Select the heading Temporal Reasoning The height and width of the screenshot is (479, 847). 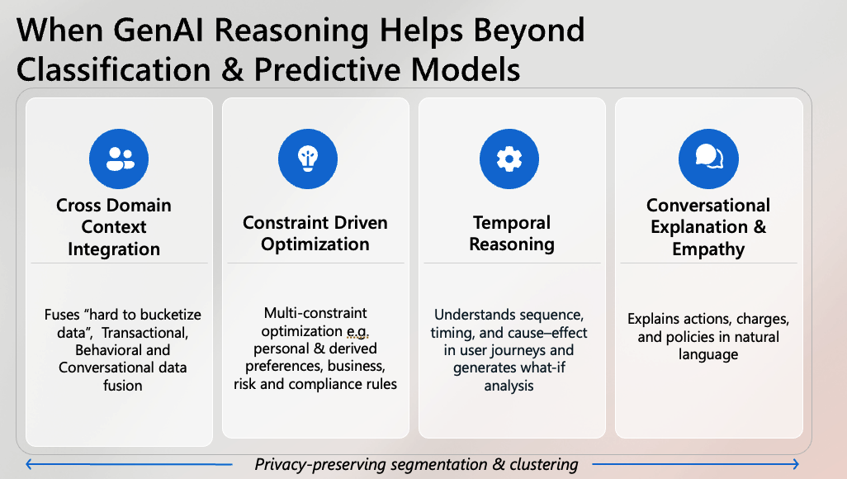pos(512,234)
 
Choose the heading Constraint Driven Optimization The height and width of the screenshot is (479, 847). pos(315,234)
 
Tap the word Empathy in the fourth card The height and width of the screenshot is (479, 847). pos(707,249)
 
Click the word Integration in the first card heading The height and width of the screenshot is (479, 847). pos(114,249)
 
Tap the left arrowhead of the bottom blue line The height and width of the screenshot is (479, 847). pos(30,463)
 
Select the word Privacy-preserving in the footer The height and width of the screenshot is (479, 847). pos(318,464)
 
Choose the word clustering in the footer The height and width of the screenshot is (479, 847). pos(540,464)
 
